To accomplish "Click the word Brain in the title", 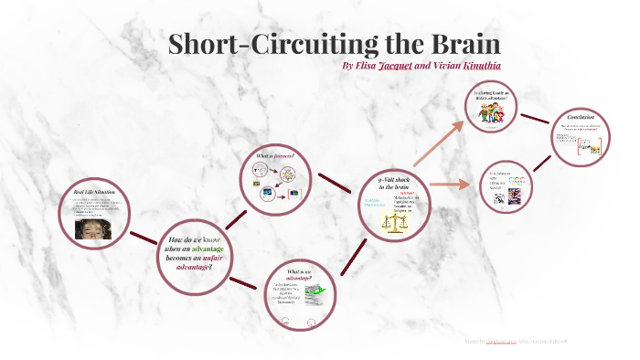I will point(454,45).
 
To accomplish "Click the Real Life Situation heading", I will point(95,195).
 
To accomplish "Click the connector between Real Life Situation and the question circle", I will point(143,239).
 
